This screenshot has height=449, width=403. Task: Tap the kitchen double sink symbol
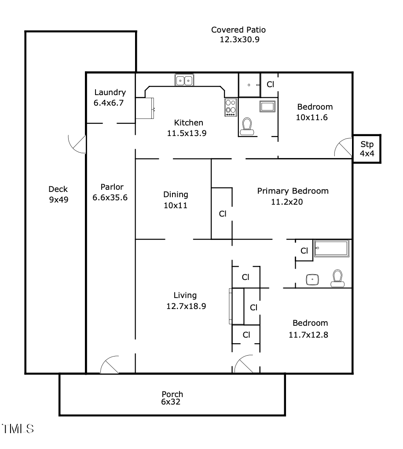click(184, 80)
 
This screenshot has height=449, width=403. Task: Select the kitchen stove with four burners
click(231, 107)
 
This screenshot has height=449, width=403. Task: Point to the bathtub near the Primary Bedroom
click(332, 249)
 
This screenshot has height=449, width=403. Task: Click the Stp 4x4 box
click(366, 149)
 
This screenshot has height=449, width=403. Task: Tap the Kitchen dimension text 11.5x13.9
click(187, 133)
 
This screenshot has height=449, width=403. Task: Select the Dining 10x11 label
click(176, 199)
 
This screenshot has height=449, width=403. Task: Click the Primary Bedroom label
click(293, 191)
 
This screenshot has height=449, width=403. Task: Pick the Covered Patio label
click(238, 35)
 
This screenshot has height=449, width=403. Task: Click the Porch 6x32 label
click(172, 398)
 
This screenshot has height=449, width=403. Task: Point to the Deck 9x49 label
click(58, 194)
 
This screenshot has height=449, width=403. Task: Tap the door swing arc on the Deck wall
click(77, 144)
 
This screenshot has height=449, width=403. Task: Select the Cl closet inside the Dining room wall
click(223, 213)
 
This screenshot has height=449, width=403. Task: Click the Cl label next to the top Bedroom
click(270, 84)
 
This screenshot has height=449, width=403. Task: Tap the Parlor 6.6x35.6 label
click(110, 192)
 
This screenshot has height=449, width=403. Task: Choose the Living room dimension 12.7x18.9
click(186, 306)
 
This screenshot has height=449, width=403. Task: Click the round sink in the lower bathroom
click(312, 279)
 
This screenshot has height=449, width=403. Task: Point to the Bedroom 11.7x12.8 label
click(310, 328)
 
